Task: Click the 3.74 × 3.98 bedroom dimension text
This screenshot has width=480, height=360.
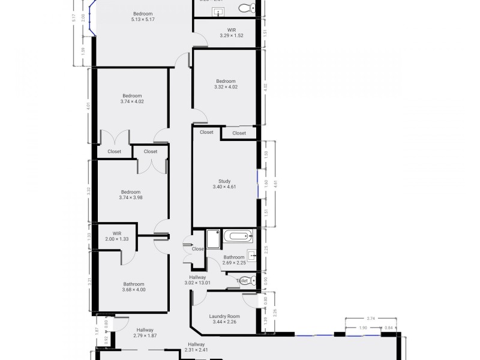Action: [130, 197]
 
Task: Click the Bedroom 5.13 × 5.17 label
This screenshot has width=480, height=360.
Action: [143, 17]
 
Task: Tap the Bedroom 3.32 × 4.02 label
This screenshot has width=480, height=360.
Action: [226, 84]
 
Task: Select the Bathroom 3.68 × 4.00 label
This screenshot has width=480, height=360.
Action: [134, 287]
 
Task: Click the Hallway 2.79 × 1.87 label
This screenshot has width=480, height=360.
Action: [145, 333]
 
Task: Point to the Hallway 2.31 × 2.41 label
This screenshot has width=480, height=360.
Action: [196, 347]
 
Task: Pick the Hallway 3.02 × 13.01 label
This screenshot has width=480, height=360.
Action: [197, 280]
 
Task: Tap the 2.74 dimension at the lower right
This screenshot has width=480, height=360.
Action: [371, 319]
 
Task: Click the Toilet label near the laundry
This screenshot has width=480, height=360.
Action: [242, 280]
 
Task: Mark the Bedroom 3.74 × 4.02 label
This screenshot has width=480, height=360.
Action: [132, 98]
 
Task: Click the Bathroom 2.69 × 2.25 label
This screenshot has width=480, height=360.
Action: [233, 260]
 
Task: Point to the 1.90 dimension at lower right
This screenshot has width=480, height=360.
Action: [363, 328]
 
